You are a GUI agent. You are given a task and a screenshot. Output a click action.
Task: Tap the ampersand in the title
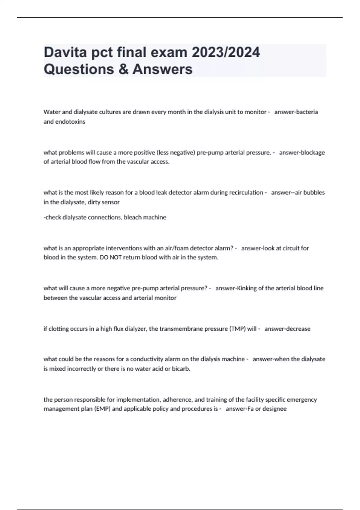[123, 69]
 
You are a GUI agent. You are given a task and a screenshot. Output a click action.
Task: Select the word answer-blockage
[302, 152]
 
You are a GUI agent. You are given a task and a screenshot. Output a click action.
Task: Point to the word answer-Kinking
[236, 288]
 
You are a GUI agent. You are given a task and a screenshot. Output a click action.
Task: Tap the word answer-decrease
[287, 329]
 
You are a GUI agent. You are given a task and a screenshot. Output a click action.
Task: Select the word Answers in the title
[162, 69]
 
